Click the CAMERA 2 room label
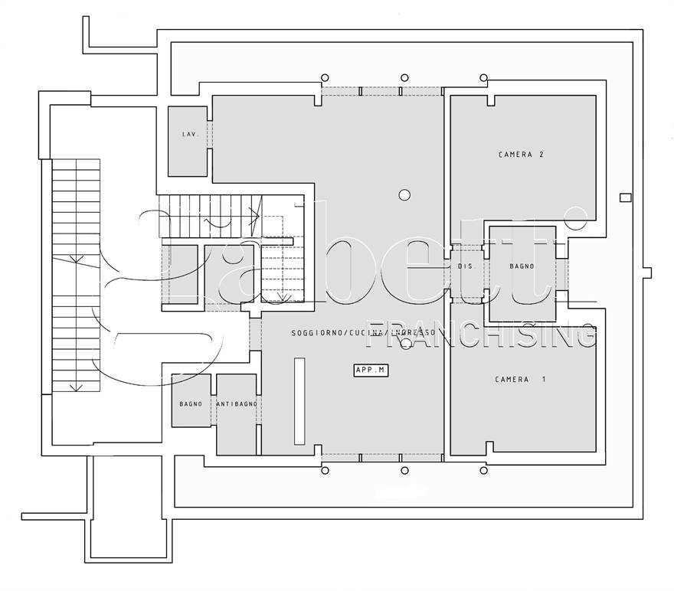pyautogui.click(x=521, y=155)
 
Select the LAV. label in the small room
pyautogui.click(x=190, y=135)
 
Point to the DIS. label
pyautogui.click(x=465, y=266)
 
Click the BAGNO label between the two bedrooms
pyautogui.click(x=522, y=266)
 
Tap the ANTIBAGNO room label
pyautogui.click(x=237, y=403)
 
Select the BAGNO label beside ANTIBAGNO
pyautogui.click(x=191, y=403)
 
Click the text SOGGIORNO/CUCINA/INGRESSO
pyautogui.click(x=363, y=334)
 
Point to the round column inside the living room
pyautogui.click(x=404, y=194)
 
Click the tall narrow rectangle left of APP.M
pyautogui.click(x=299, y=400)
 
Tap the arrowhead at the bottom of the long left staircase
pyautogui.click(x=76, y=387)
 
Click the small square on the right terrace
pyautogui.click(x=626, y=198)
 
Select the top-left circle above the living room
pyautogui.click(x=325, y=77)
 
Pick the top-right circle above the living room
pyautogui.click(x=483, y=77)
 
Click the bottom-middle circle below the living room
pyautogui.click(x=404, y=470)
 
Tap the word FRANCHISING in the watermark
pyautogui.click(x=483, y=334)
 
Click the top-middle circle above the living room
pyautogui.click(x=404, y=77)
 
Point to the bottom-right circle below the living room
pyautogui.click(x=483, y=470)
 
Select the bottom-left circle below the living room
pyautogui.click(x=325, y=470)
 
